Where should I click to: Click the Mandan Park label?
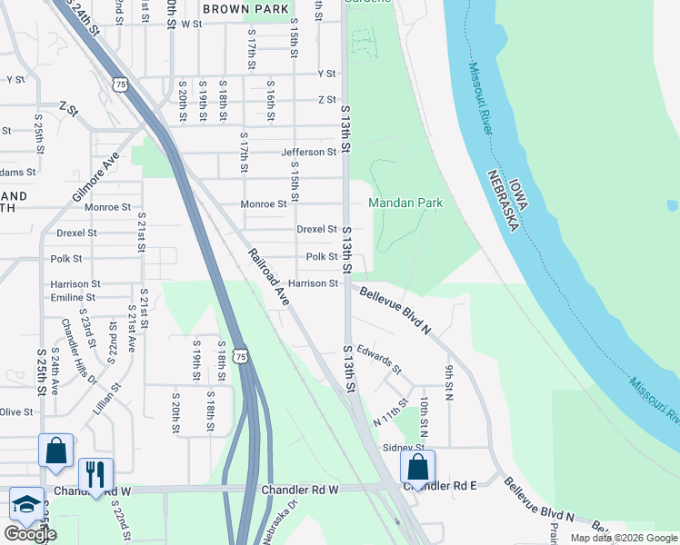click(405, 203)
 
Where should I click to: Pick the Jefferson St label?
click(308, 153)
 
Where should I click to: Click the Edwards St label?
click(379, 358)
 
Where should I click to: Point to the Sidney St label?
click(404, 448)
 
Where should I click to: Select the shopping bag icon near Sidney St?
click(417, 467)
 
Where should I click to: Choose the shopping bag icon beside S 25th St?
click(55, 451)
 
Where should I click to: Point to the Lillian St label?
click(106, 400)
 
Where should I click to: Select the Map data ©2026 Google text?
click(623, 538)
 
